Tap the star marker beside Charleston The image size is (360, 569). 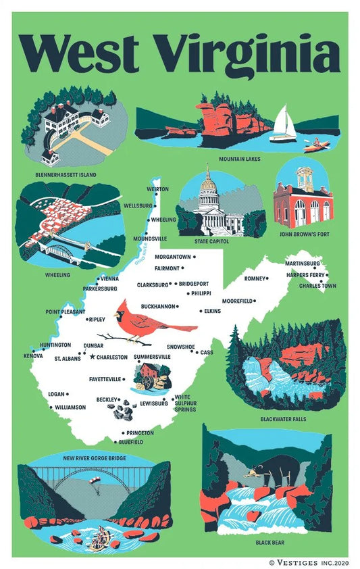93,356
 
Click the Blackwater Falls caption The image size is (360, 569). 282,419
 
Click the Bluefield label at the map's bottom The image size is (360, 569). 130,442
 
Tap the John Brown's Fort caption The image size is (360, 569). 303,235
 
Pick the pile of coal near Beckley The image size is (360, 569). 124,410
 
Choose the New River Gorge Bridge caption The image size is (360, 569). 95,458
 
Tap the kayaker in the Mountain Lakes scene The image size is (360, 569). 315,144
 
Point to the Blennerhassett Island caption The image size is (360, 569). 66,174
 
